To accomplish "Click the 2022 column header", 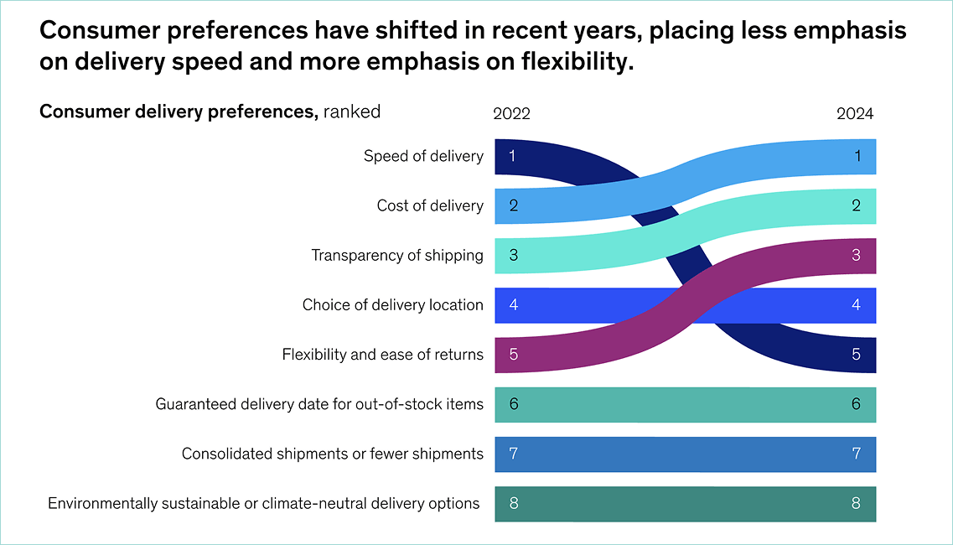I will [511, 114].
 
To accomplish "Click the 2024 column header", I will [854, 114].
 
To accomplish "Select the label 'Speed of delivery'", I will [423, 156].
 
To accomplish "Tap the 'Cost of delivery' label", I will [430, 205].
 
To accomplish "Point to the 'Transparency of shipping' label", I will [397, 255].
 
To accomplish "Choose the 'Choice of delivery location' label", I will [392, 304].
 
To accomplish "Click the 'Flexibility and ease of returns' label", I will [382, 355].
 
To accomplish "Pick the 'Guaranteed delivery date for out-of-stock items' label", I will [319, 404].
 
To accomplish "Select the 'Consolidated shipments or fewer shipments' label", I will [332, 454].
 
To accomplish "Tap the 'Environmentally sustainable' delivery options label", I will [263, 503].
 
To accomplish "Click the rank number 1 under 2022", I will [512, 156].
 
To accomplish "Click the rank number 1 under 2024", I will [856, 156].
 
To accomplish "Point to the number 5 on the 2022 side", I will [514, 355].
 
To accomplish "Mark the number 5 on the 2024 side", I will [856, 355].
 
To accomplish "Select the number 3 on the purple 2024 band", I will [856, 255].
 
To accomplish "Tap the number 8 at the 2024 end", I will [856, 503].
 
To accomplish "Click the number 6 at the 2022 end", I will [514, 404].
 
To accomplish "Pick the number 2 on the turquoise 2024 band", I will [856, 205].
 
